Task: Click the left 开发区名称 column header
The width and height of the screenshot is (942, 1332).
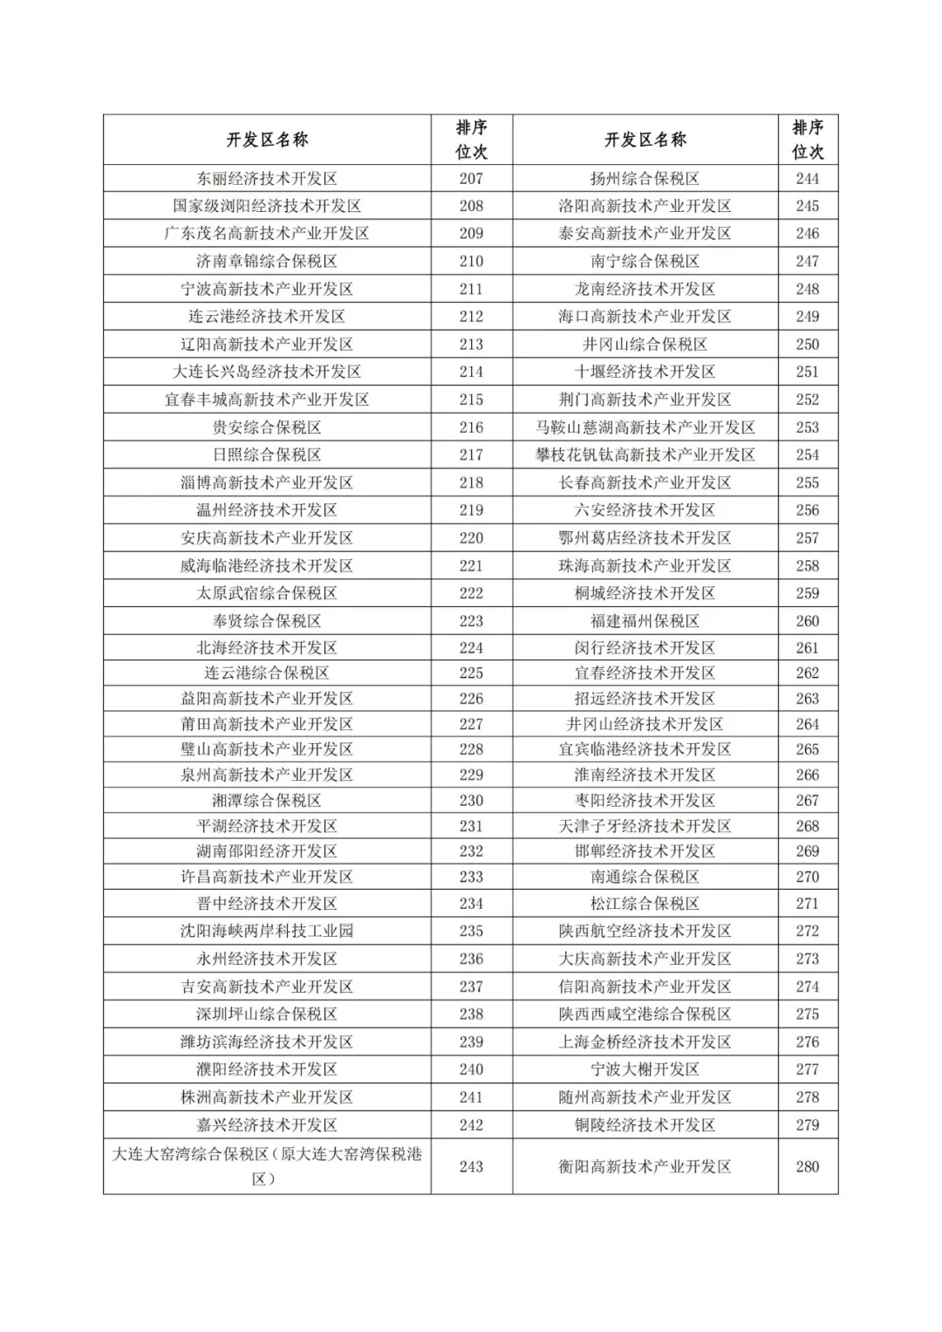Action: [x=267, y=140]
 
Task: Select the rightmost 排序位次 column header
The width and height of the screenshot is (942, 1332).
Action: [x=807, y=140]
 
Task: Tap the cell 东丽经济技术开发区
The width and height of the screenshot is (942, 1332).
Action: [x=267, y=179]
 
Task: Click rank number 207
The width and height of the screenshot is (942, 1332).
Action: [x=471, y=179]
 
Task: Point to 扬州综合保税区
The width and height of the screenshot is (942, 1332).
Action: [x=645, y=179]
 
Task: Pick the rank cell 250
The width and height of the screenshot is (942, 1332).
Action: [x=807, y=345]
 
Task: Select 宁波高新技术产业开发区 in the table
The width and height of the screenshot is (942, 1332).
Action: [x=267, y=289]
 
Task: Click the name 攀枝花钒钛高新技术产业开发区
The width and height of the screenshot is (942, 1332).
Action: [x=645, y=454]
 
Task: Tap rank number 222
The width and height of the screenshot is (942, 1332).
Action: [x=471, y=593]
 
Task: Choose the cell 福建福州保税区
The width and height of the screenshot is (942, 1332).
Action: [x=645, y=621]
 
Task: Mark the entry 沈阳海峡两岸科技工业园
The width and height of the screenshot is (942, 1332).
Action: [x=267, y=931]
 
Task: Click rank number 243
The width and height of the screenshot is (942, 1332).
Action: [x=471, y=1166]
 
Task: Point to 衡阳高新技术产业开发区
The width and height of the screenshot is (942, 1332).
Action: [x=645, y=1166]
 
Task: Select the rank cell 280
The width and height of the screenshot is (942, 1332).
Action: [x=807, y=1166]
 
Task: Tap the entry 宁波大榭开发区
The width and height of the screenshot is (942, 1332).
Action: [x=645, y=1069]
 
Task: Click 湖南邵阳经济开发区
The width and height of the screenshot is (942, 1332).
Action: [x=267, y=851]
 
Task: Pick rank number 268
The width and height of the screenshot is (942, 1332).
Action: [x=807, y=826]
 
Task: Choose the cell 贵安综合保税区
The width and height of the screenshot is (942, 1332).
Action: [x=267, y=427]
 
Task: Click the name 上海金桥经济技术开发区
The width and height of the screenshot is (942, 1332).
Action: [x=645, y=1042]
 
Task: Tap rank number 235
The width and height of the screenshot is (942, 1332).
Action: [x=471, y=931]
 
